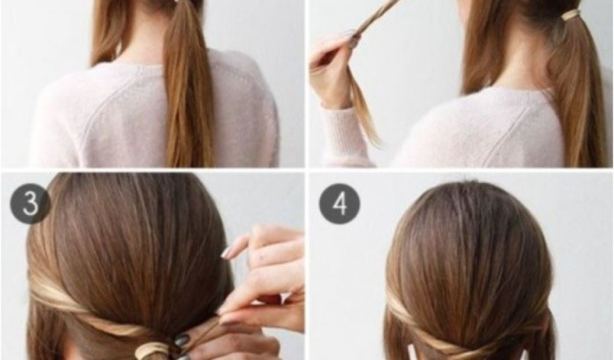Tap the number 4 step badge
click(339, 204)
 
